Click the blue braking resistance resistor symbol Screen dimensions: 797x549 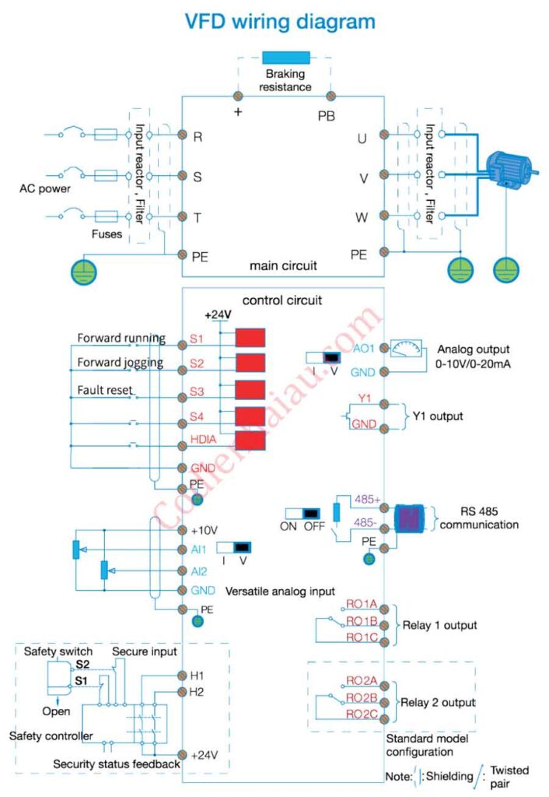[x=286, y=57]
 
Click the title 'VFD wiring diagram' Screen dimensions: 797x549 [x=279, y=21]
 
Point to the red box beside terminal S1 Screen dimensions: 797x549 [x=250, y=338]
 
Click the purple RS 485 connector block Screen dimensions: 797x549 [x=410, y=518]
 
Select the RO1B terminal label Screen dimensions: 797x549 [x=362, y=620]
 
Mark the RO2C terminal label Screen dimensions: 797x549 [x=362, y=714]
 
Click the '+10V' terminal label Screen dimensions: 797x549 [x=202, y=531]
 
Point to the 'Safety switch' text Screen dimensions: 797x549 [x=58, y=651]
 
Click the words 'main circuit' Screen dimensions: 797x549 [x=283, y=265]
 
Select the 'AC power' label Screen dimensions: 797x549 [x=45, y=189]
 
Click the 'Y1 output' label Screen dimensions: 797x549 [x=436, y=416]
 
